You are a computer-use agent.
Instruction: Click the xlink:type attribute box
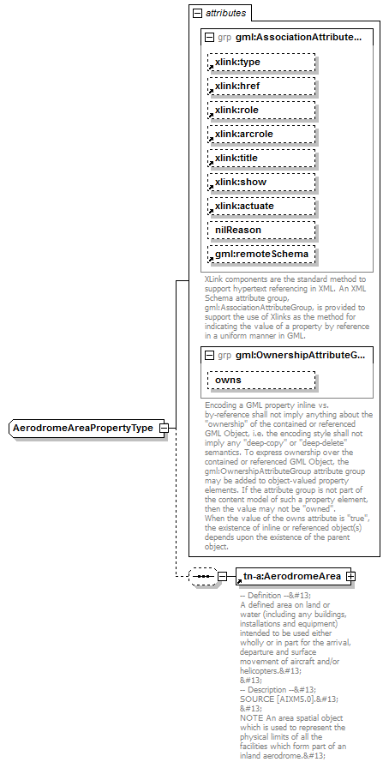pyautogui.click(x=261, y=63)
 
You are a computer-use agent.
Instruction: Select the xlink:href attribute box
pyautogui.click(x=261, y=87)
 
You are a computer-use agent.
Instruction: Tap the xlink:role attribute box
pyautogui.click(x=261, y=111)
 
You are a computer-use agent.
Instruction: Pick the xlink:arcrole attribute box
pyautogui.click(x=261, y=135)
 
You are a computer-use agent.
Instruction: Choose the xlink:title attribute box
pyautogui.click(x=261, y=159)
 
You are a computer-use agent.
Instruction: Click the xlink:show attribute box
pyautogui.click(x=261, y=183)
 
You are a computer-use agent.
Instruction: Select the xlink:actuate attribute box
pyautogui.click(x=261, y=207)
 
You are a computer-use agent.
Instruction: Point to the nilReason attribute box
pyautogui.click(x=261, y=231)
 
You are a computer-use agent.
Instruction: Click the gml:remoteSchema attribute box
pyautogui.click(x=261, y=255)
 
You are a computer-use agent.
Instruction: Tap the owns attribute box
pyautogui.click(x=261, y=380)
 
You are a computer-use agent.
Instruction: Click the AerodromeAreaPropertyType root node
pyautogui.click(x=87, y=429)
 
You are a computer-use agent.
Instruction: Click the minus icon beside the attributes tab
pyautogui.click(x=197, y=14)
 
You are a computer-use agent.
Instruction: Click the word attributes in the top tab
pyautogui.click(x=226, y=14)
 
